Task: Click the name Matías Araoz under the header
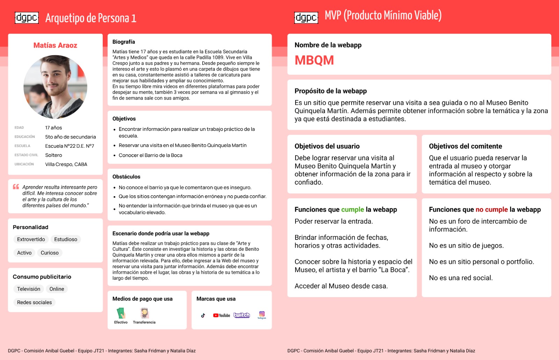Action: tap(55, 45)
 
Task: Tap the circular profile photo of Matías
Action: tap(55, 87)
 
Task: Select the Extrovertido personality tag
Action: tap(31, 239)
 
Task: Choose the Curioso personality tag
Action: tap(50, 253)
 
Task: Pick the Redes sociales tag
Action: tap(34, 302)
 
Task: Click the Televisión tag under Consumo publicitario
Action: tap(29, 289)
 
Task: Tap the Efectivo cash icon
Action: tap(121, 313)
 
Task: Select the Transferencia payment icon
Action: tap(144, 313)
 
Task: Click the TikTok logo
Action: tap(203, 315)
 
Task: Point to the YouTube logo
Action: tap(222, 315)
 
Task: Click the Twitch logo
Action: tap(242, 315)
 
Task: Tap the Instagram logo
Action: tap(262, 314)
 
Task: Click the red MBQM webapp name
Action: tap(314, 60)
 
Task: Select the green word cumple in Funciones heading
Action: tap(353, 210)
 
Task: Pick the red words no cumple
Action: tap(492, 210)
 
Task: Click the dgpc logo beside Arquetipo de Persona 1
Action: tap(27, 18)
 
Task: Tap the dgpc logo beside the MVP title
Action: tap(306, 17)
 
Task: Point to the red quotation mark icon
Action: tap(16, 187)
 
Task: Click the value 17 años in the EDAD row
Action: tap(53, 128)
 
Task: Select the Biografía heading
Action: tap(124, 42)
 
